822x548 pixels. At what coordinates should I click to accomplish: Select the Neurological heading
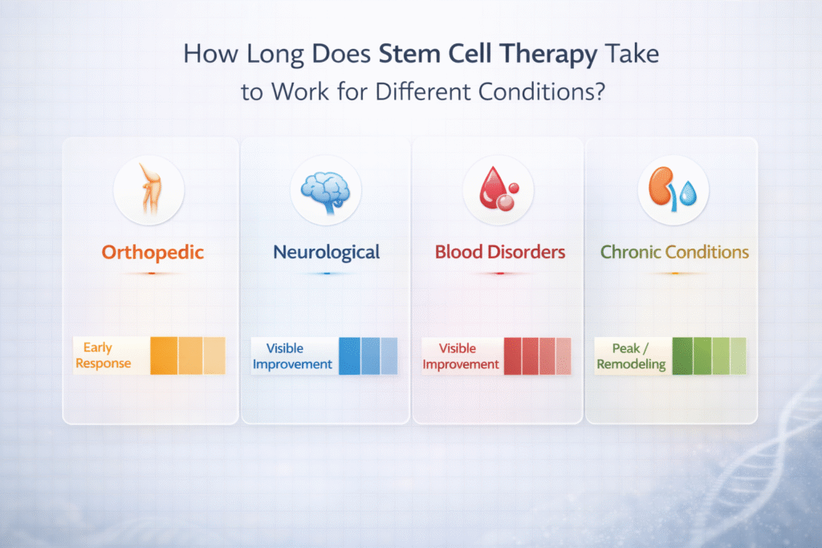pos(326,252)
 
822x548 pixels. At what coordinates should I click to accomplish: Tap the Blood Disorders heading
pos(500,252)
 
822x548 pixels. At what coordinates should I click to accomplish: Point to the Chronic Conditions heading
pos(674,252)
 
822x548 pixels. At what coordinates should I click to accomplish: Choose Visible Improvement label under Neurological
pos(292,356)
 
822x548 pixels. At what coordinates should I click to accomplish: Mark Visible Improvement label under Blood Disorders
pos(461,356)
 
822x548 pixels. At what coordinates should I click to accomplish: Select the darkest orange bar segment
pos(164,355)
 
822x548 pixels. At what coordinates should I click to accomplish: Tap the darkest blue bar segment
pos(349,355)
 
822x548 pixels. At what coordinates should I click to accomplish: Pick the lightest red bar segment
pos(564,355)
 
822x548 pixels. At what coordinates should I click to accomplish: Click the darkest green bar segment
pos(682,355)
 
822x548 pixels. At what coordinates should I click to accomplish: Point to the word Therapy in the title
pos(551,55)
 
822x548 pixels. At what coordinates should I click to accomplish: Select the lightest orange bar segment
pos(214,355)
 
